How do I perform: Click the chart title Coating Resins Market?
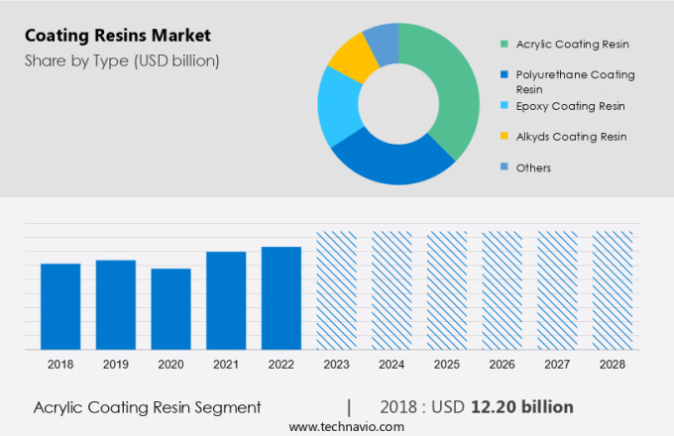pyautogui.click(x=117, y=36)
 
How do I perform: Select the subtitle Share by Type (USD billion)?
pyautogui.click(x=122, y=61)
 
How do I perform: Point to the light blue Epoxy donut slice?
pyautogui.click(x=335, y=108)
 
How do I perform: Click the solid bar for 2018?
pyautogui.click(x=60, y=306)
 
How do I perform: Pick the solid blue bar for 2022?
pyautogui.click(x=281, y=297)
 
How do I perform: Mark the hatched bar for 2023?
pyautogui.click(x=336, y=290)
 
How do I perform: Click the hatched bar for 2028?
pyautogui.click(x=612, y=290)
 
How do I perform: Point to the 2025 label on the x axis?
pyautogui.click(x=446, y=365)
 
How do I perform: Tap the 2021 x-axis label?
pyautogui.click(x=226, y=365)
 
